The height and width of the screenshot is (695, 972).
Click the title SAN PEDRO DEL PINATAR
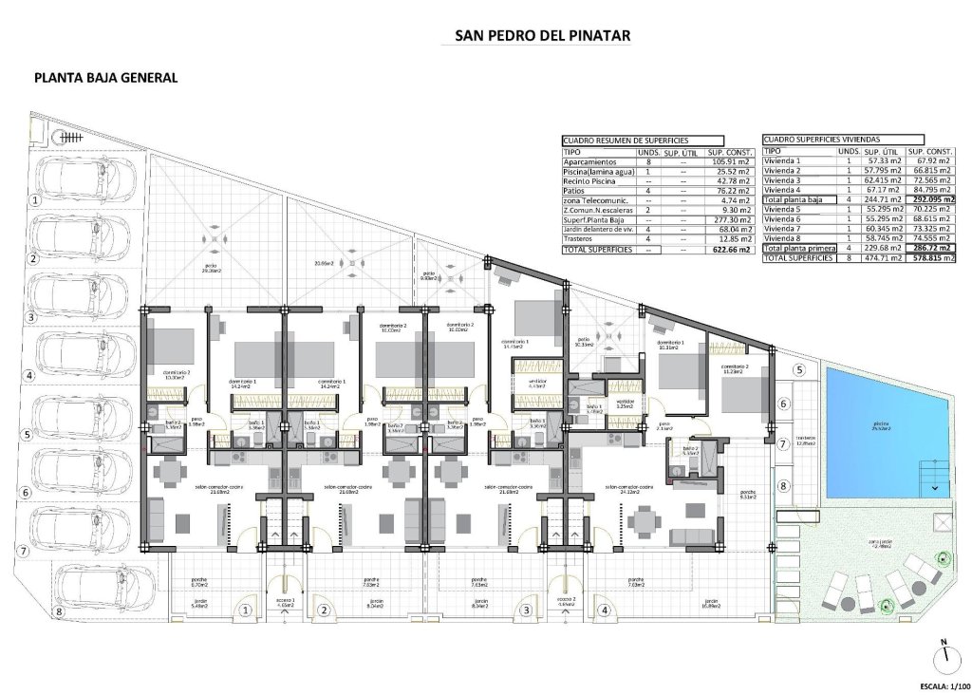543,36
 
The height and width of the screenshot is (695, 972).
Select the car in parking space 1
90,181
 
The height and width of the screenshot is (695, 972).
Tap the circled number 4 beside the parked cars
32,376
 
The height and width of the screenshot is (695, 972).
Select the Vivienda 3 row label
783,180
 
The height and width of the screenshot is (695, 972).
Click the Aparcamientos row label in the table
589,162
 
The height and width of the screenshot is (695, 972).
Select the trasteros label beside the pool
806,439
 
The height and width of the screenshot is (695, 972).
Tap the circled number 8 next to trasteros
783,487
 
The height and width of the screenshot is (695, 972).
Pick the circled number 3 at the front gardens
525,612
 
